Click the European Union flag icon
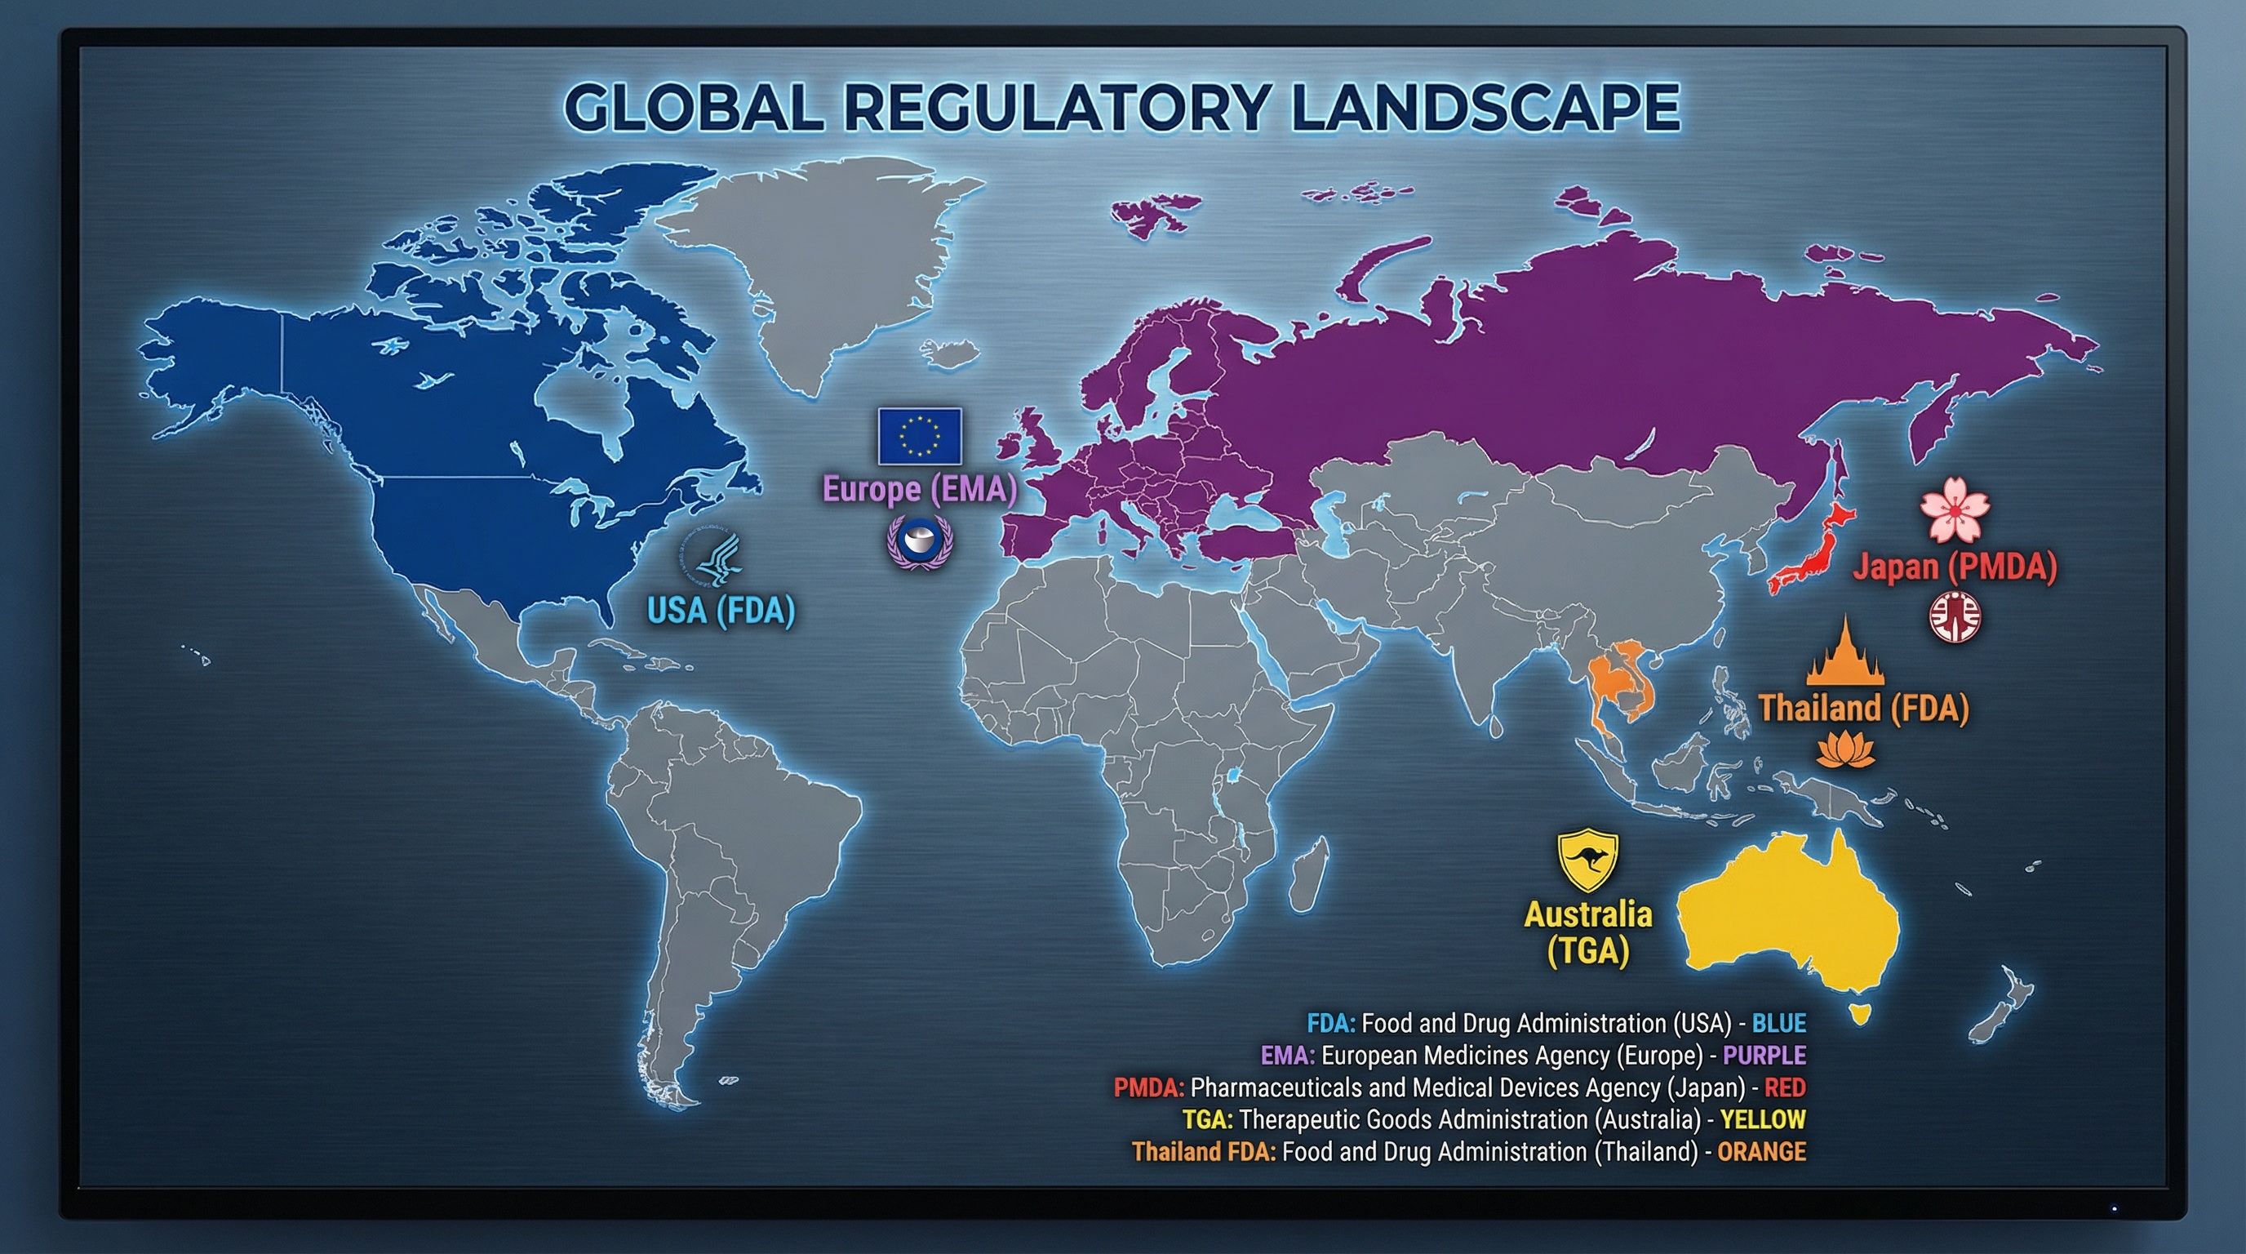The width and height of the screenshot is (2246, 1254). point(919,435)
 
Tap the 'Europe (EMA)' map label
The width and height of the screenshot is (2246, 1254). point(920,489)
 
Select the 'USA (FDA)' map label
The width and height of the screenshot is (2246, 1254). point(721,611)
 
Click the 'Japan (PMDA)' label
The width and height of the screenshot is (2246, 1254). point(1954,567)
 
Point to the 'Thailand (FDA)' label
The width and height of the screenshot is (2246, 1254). point(1863,707)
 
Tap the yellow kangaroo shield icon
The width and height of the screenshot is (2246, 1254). point(1587,860)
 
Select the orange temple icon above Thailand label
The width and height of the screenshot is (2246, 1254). point(1845,653)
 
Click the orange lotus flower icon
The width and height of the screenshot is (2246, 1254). point(1845,751)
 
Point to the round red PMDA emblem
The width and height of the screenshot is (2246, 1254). point(1954,618)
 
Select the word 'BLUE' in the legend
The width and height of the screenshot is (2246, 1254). point(1778,1023)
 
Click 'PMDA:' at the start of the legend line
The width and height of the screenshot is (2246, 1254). point(1148,1087)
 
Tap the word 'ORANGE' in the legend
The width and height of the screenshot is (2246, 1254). point(1761,1152)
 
